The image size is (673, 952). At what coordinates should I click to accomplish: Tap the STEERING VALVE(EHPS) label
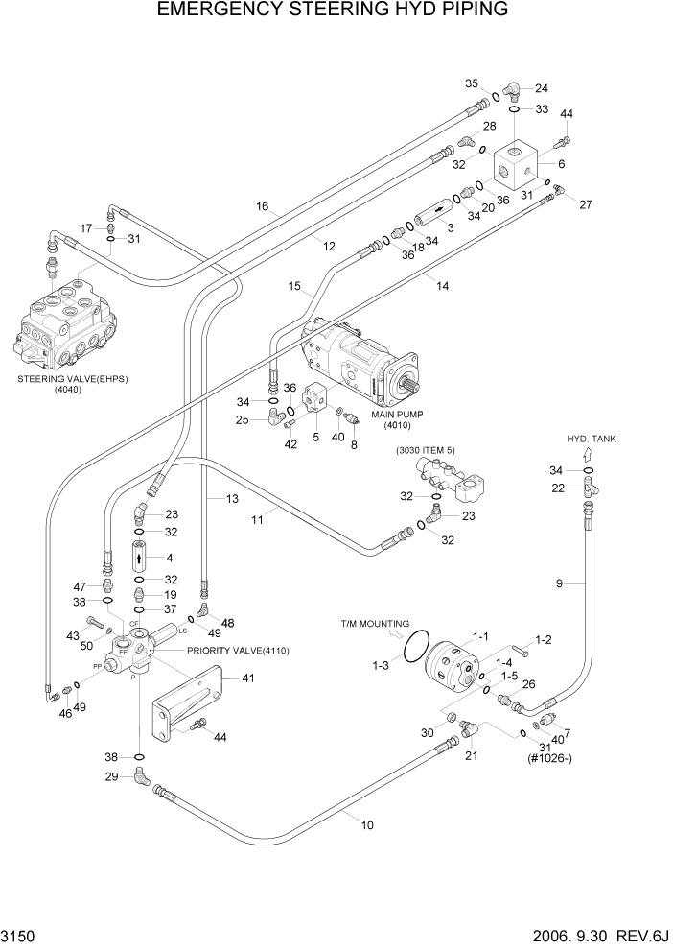point(72,379)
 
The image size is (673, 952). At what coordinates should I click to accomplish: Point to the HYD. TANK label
point(592,439)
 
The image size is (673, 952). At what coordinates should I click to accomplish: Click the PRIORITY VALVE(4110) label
point(238,651)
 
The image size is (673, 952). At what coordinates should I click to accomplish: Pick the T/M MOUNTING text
point(375,623)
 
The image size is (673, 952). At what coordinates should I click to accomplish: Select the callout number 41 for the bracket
point(248,678)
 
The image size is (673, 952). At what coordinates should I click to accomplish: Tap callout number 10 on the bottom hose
point(366,824)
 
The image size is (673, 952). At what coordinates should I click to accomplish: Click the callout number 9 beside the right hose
point(559,583)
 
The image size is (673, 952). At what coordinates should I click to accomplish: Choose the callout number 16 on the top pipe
point(264,206)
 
